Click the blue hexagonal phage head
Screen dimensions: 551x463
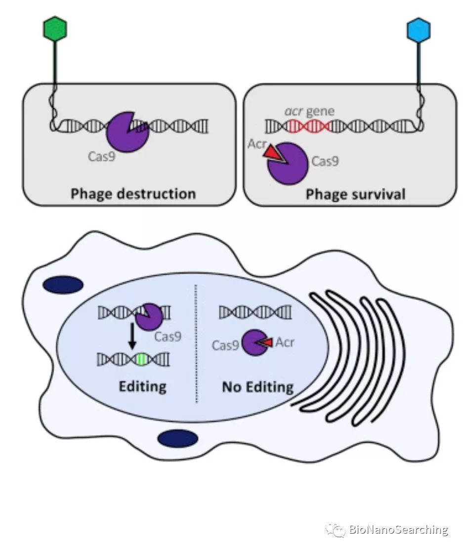(x=418, y=29)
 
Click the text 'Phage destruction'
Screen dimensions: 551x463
(x=133, y=193)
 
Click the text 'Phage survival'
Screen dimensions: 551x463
(x=355, y=194)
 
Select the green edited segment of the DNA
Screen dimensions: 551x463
(x=142, y=359)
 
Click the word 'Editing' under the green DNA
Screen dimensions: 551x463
(x=142, y=385)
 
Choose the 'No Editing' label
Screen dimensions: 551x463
(x=257, y=386)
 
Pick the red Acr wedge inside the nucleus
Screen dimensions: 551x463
(x=267, y=342)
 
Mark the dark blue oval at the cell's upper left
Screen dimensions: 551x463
(x=63, y=285)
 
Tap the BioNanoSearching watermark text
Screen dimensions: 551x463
(x=398, y=530)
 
